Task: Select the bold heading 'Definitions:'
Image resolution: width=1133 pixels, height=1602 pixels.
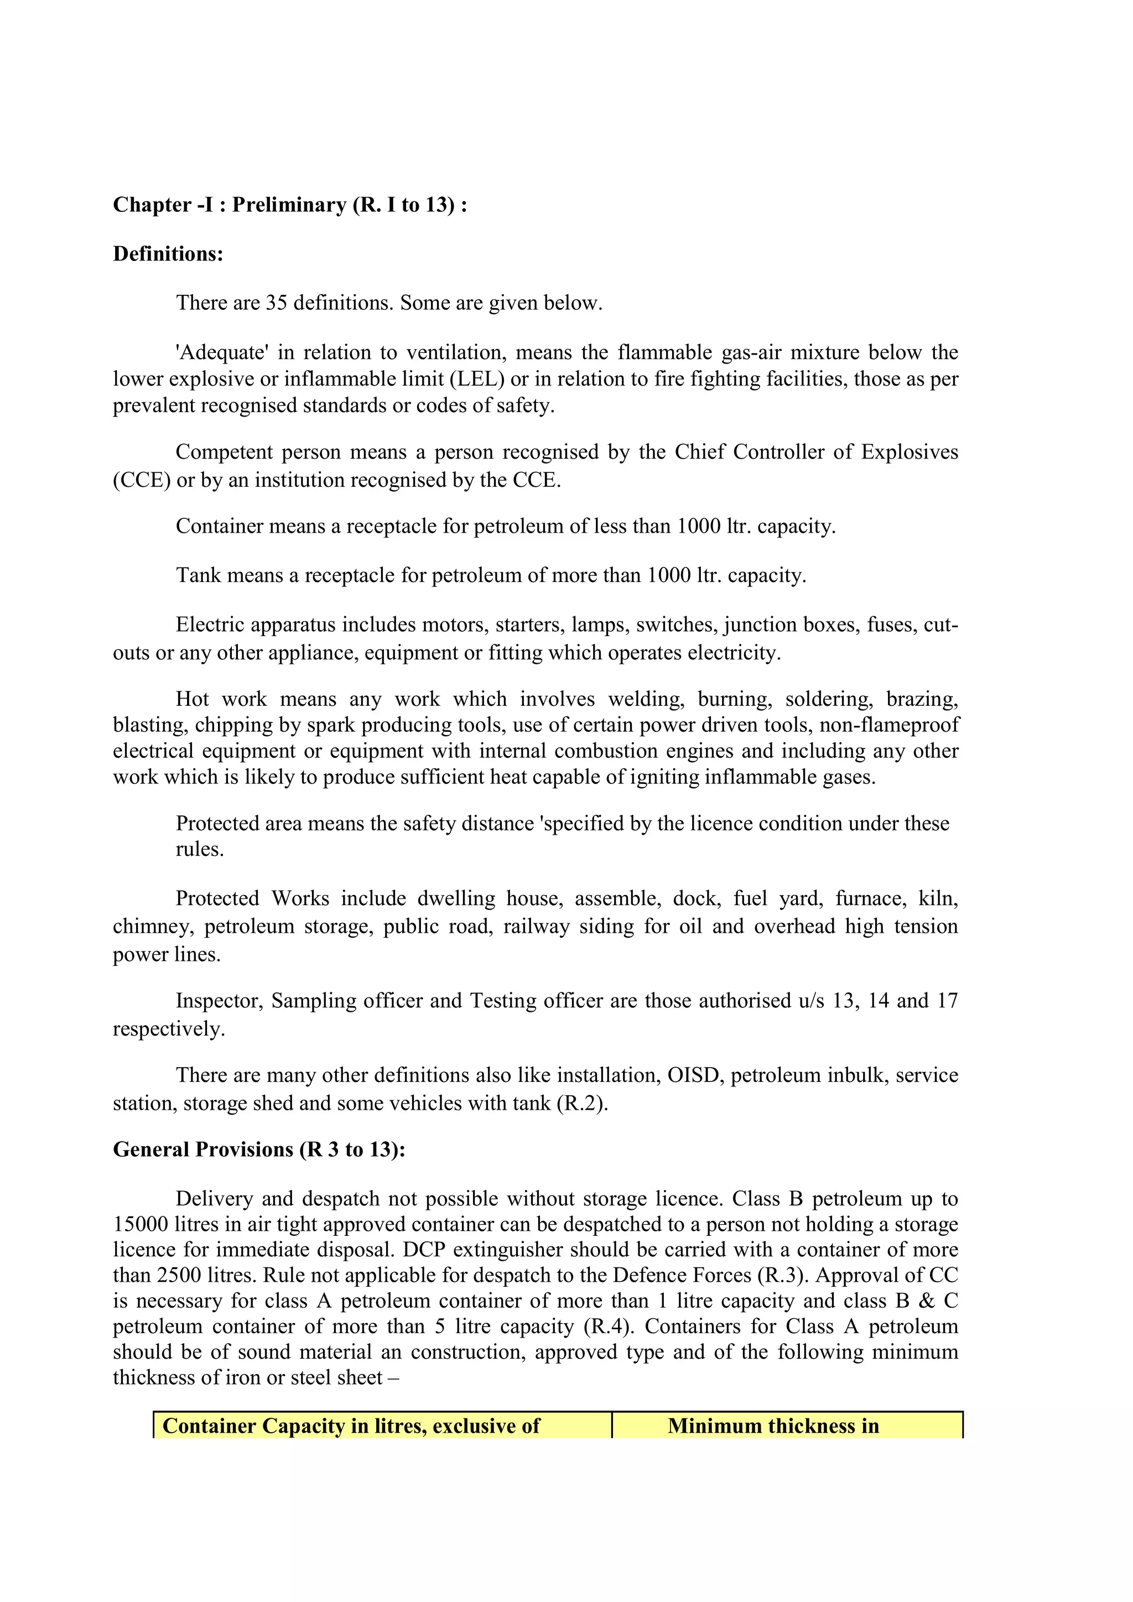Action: click(x=168, y=253)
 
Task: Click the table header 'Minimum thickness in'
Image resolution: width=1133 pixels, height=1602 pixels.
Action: click(x=772, y=1426)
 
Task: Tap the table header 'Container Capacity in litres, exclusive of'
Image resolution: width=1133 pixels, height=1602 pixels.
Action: click(x=351, y=1426)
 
